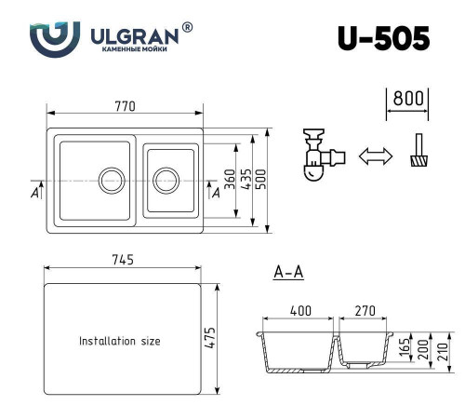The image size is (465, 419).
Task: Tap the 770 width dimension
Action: [x=126, y=107]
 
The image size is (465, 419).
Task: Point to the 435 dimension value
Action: [x=245, y=177]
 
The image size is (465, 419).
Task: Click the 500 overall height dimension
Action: [x=261, y=177]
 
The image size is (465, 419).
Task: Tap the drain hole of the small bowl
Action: [x=167, y=179]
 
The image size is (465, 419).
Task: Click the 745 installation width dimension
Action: [x=124, y=260]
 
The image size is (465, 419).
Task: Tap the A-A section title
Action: [x=288, y=273]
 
